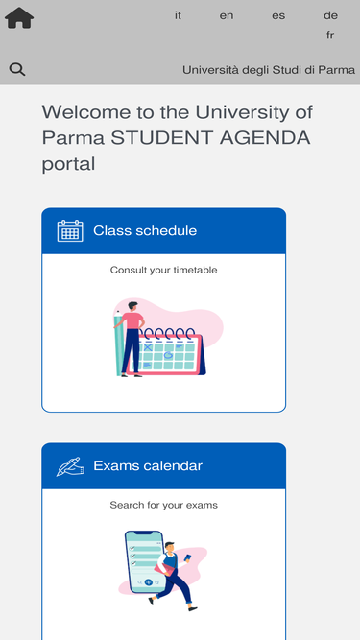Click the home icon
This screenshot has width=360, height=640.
[x=19, y=18]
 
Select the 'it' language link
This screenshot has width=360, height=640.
[x=178, y=15]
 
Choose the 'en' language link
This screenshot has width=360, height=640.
[x=227, y=16]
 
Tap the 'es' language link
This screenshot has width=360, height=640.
[x=278, y=16]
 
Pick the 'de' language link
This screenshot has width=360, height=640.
[x=330, y=15]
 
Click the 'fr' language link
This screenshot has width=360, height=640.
[x=330, y=36]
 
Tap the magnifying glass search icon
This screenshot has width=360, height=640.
[x=17, y=69]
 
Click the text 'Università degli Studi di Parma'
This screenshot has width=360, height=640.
[x=269, y=70]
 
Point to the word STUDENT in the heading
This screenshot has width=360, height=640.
[x=162, y=138]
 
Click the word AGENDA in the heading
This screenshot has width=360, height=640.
[x=265, y=138]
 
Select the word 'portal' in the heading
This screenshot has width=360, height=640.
[x=68, y=164]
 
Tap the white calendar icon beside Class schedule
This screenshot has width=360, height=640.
[x=70, y=230]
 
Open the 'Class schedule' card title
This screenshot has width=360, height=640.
[x=145, y=230]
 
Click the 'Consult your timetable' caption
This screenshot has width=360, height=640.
[x=163, y=271]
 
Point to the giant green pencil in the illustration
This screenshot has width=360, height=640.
[x=119, y=343]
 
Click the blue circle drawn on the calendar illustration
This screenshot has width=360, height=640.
[x=168, y=355]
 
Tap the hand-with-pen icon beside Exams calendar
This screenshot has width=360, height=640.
[x=70, y=466]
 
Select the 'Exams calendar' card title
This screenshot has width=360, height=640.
[x=148, y=465]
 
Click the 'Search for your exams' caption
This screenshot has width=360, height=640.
[x=163, y=505]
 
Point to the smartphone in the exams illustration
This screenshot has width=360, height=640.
[x=144, y=561]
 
